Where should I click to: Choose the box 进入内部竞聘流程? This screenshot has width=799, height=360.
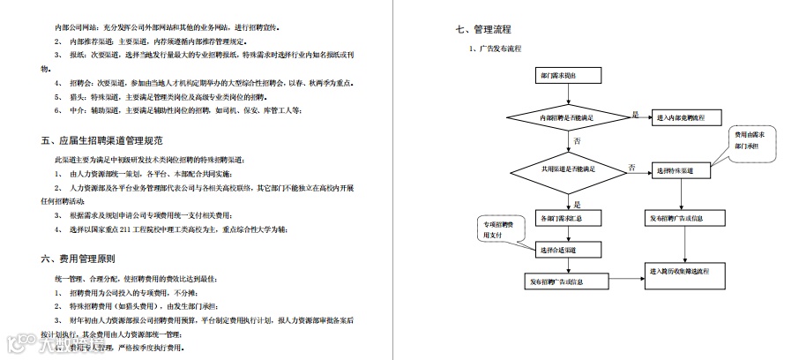(687, 118)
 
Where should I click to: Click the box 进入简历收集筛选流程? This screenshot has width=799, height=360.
(687, 271)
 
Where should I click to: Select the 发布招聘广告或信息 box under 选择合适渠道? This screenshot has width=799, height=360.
(556, 282)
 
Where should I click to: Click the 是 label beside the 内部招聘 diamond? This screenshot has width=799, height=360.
(635, 115)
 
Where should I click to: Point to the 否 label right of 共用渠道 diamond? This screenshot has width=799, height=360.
(631, 167)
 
